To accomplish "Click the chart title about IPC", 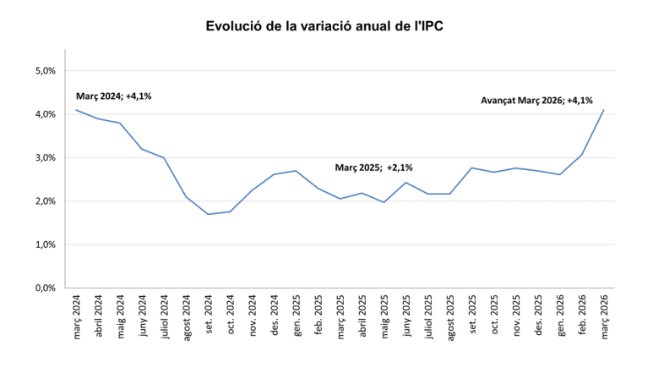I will (325, 26).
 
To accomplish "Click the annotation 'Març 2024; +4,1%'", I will (114, 96).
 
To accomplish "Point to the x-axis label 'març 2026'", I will (604, 316).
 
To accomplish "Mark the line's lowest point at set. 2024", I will (208, 214).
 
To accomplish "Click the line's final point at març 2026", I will (604, 110).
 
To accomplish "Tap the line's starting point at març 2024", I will (76, 110).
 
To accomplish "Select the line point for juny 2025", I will (406, 183).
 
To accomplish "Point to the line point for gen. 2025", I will (296, 171).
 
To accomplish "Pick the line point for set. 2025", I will (472, 168).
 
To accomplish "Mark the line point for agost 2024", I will (186, 197).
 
